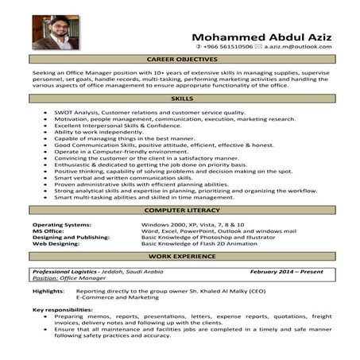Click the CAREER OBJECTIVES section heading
[183, 60]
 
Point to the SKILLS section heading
[182, 98]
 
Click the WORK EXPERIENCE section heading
[182, 257]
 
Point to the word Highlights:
[48, 292]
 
